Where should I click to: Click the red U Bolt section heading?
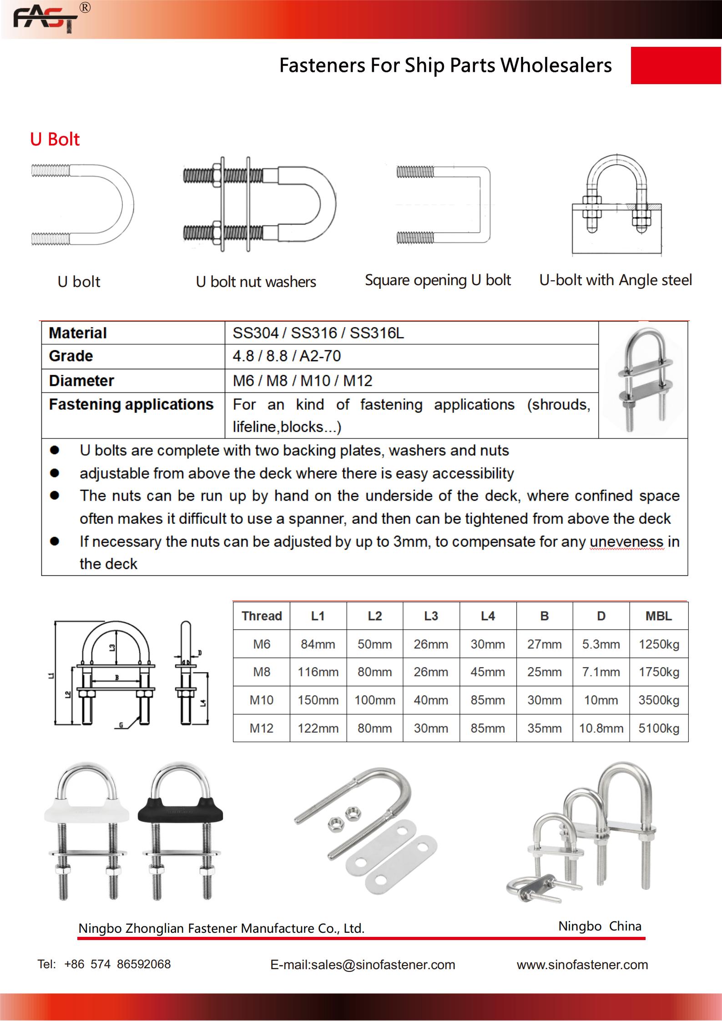click(x=55, y=139)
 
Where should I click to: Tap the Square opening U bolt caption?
click(x=438, y=280)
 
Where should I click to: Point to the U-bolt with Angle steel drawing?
click(x=616, y=205)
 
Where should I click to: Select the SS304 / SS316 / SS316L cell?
click(x=318, y=333)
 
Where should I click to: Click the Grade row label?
click(x=71, y=356)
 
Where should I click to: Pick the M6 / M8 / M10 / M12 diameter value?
click(x=303, y=381)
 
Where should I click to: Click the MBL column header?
click(x=658, y=616)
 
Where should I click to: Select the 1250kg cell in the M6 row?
click(x=658, y=644)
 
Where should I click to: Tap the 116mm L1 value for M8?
click(x=318, y=672)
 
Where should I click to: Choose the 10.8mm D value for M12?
click(x=601, y=728)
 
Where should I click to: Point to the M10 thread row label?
click(x=262, y=700)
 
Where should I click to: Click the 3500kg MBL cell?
click(x=658, y=700)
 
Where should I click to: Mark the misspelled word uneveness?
click(x=626, y=542)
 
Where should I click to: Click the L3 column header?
click(x=431, y=616)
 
